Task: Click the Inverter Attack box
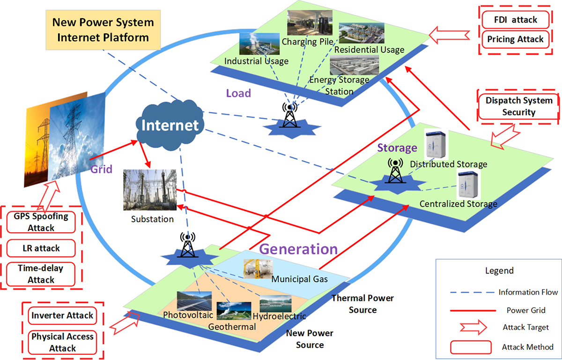pos(62,315)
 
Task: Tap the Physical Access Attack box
pos(62,342)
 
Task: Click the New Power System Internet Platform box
pos(103,29)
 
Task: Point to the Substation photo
pos(145,190)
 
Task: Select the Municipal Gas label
pos(299,280)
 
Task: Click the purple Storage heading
pos(397,148)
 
